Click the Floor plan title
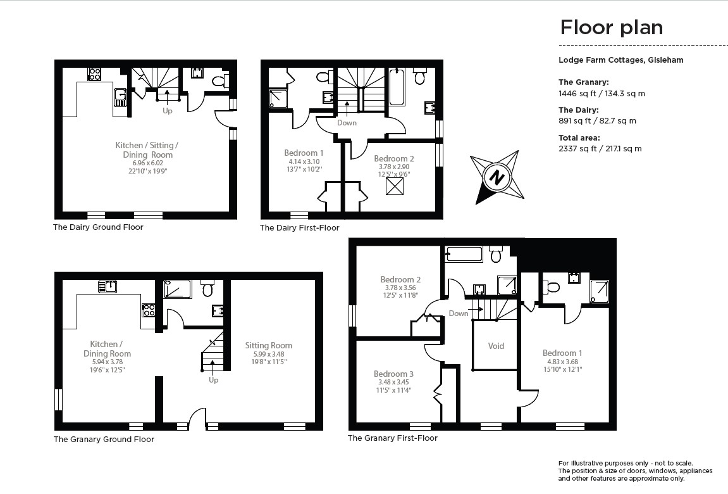click(611, 28)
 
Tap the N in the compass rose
click(497, 177)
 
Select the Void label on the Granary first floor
click(496, 346)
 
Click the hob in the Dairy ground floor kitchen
click(94, 74)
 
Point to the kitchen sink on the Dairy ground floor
click(120, 98)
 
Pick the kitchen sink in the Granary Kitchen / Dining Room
click(108, 286)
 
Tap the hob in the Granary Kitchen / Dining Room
click(149, 310)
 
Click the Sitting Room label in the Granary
click(269, 345)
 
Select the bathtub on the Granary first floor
click(464, 255)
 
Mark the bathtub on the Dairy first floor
click(397, 88)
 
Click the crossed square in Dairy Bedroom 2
click(395, 186)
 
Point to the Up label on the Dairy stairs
click(168, 110)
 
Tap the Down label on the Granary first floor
click(459, 313)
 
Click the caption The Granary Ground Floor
click(104, 439)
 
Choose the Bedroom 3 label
click(393, 374)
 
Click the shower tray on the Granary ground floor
click(178, 289)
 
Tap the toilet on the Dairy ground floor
click(219, 80)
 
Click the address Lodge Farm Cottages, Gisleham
click(620, 60)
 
